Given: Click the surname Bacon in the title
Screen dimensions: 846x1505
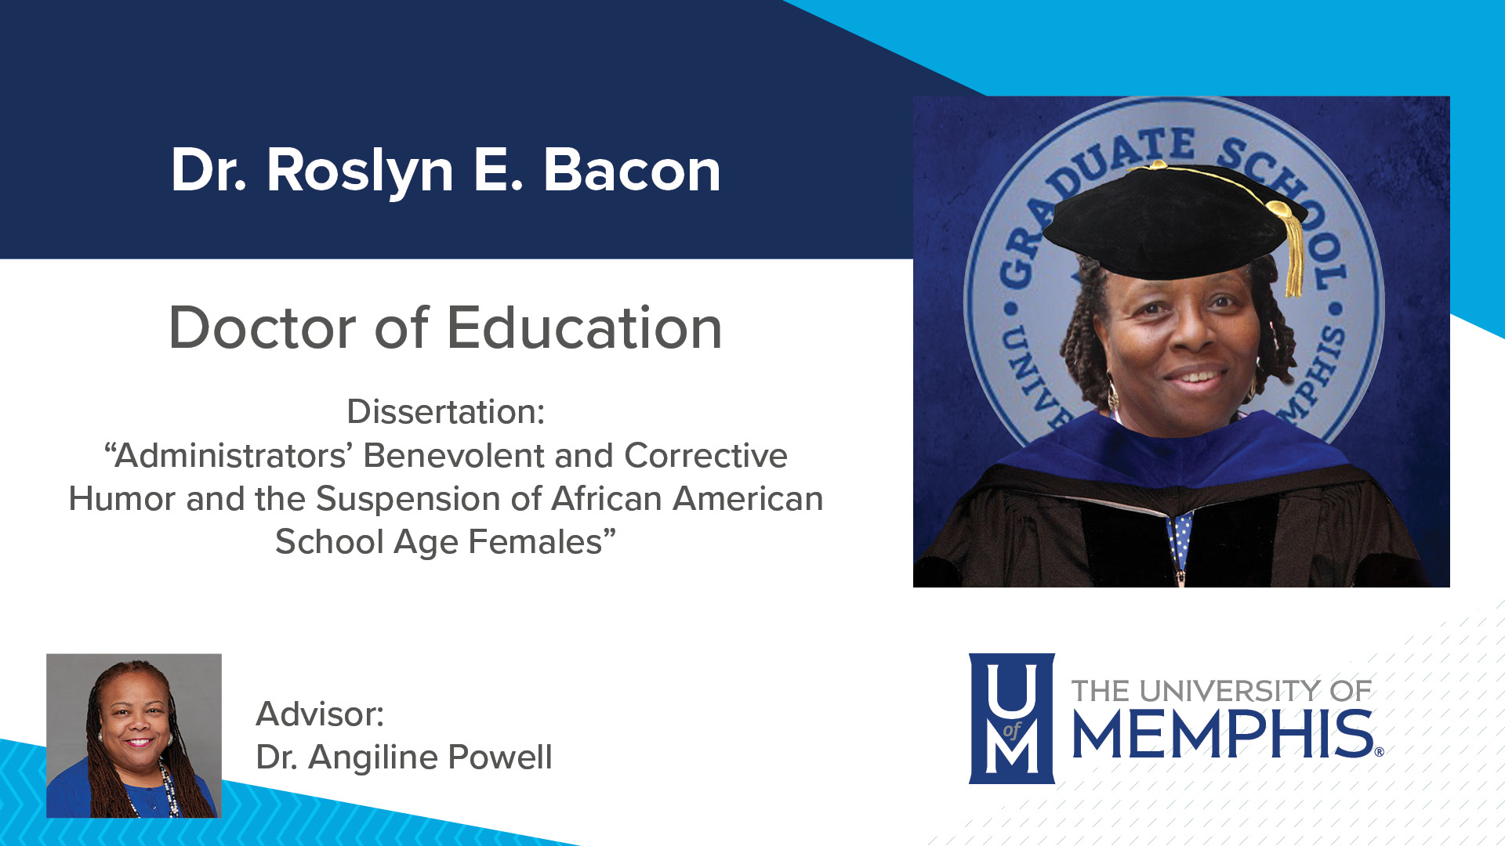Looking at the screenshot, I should pos(632,171).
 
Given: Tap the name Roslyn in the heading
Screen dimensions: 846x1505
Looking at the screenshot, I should pos(360,172).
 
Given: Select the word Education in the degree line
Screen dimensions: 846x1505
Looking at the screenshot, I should pos(584,327).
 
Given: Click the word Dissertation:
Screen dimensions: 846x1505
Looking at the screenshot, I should pos(445,412).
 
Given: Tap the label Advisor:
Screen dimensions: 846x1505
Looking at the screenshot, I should pos(320,714).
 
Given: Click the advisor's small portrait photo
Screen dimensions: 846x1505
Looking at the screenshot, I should pos(134,736).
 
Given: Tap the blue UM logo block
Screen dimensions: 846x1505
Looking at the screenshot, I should pos(1011,718).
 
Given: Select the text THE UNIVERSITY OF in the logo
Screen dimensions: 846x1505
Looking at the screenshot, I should pos(1220,691).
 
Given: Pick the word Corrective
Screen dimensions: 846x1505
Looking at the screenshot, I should pos(705,456).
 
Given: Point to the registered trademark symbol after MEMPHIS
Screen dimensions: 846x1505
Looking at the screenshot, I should pos(1379,752).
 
